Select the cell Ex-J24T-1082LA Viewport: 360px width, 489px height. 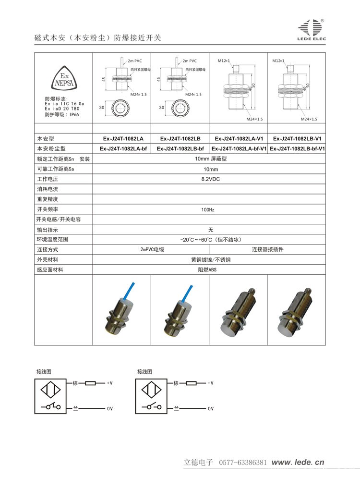point(122,138)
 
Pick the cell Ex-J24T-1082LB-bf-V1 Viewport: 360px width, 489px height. point(297,148)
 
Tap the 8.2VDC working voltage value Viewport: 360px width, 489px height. point(209,179)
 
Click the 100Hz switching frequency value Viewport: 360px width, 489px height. point(208,209)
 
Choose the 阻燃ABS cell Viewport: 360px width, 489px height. point(208,270)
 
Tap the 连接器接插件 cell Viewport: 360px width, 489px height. point(267,250)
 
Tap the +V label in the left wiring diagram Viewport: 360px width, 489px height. point(109,383)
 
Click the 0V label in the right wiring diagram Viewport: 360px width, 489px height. point(210,408)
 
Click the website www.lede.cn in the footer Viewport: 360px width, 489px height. point(298,463)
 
